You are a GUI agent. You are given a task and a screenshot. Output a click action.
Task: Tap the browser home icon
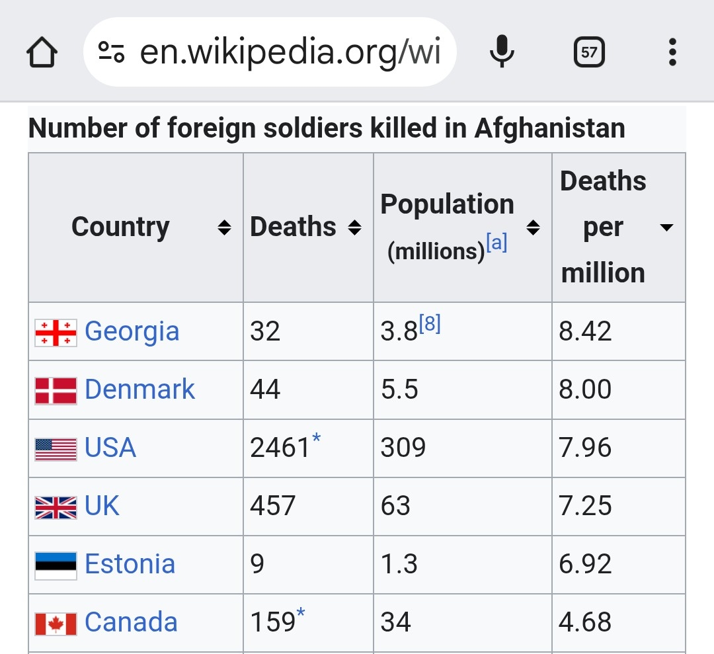pyautogui.click(x=42, y=52)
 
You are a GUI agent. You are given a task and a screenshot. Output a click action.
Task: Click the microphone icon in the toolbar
pyautogui.click(x=502, y=52)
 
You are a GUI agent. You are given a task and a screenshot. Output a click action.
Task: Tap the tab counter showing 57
pyautogui.click(x=589, y=52)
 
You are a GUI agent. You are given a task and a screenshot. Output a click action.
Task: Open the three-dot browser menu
pyautogui.click(x=672, y=52)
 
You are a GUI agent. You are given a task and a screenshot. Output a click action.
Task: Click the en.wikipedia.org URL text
pyautogui.click(x=290, y=52)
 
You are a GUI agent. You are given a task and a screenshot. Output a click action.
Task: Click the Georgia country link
pyautogui.click(x=132, y=331)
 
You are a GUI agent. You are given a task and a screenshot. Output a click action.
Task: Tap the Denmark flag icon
pyautogui.click(x=56, y=390)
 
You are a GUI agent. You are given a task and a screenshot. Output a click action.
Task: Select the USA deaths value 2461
pyautogui.click(x=280, y=448)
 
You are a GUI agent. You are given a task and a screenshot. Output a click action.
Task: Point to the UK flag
pyautogui.click(x=56, y=507)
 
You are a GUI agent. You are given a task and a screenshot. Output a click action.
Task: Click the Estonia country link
pyautogui.click(x=130, y=565)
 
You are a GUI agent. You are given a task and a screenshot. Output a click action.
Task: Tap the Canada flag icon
pyautogui.click(x=56, y=623)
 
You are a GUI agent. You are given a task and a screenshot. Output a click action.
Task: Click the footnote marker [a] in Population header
pyautogui.click(x=496, y=244)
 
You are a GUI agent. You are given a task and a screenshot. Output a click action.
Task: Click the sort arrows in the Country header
pyautogui.click(x=225, y=228)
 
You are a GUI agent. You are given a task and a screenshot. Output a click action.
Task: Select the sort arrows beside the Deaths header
pyautogui.click(x=355, y=228)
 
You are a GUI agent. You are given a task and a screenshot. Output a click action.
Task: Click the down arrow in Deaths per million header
pyautogui.click(x=666, y=228)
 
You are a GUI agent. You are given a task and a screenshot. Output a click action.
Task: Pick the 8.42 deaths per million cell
pyautogui.click(x=585, y=331)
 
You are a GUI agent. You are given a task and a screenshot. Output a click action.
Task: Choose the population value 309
pyautogui.click(x=403, y=448)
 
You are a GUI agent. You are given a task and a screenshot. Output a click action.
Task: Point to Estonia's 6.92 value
pyautogui.click(x=585, y=565)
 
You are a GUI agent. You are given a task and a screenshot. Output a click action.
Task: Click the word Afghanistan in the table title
pyautogui.click(x=549, y=128)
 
